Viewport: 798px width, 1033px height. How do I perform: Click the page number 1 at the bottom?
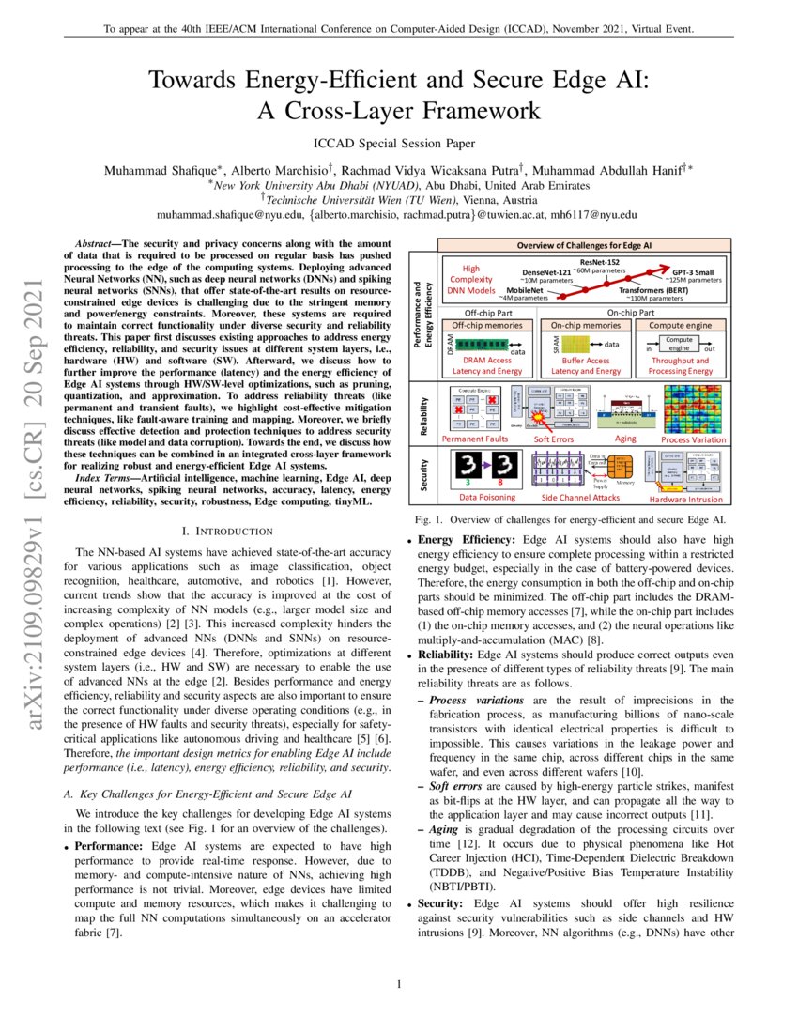399,984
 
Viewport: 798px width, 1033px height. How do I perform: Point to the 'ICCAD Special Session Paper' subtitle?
398,144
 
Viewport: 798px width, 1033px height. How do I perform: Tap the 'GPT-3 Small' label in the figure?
692,270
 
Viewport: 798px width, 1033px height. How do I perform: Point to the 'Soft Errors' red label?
555,439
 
